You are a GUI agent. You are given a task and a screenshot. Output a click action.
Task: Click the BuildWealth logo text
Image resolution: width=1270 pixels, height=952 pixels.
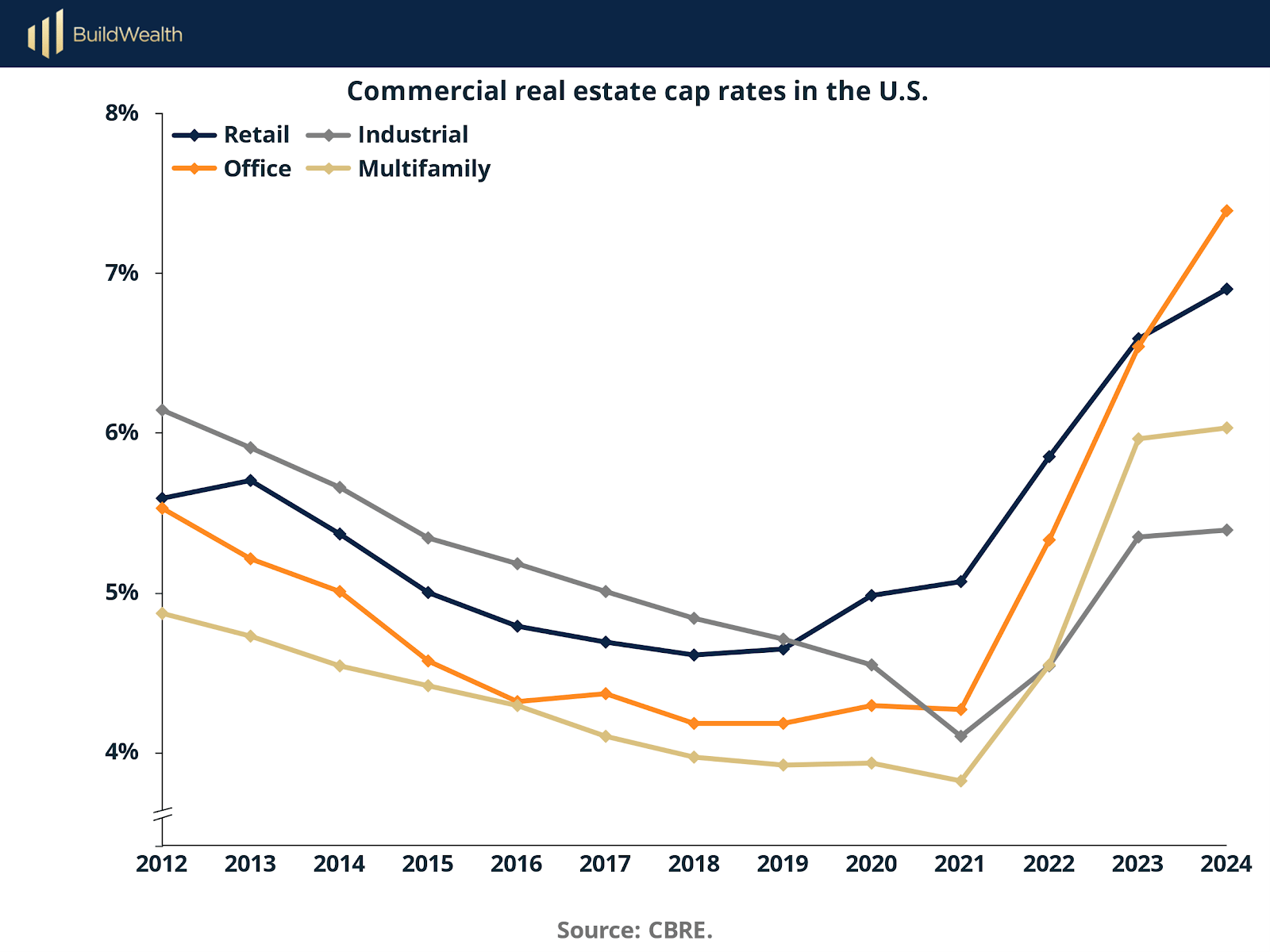pyautogui.click(x=127, y=34)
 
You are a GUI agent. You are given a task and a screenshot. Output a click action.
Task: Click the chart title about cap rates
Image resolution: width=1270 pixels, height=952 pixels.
pyautogui.click(x=637, y=91)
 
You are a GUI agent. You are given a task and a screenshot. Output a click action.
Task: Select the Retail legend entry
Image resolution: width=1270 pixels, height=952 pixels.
pyautogui.click(x=256, y=135)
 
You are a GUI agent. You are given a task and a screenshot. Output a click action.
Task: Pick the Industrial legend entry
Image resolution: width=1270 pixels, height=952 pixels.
pyautogui.click(x=413, y=135)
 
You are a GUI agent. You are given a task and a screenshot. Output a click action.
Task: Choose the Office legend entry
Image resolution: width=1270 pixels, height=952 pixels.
pyautogui.click(x=257, y=169)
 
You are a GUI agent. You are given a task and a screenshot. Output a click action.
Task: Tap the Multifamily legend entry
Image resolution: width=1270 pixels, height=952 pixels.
pyautogui.click(x=424, y=169)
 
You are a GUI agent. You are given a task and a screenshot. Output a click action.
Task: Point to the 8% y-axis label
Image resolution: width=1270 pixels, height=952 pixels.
pyautogui.click(x=121, y=113)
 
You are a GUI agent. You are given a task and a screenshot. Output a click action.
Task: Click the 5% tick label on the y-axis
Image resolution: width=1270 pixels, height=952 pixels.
pyautogui.click(x=121, y=593)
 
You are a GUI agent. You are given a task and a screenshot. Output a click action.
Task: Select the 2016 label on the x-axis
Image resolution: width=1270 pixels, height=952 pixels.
pyautogui.click(x=516, y=864)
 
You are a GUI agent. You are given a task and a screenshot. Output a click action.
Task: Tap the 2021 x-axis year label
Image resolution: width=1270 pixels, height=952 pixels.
pyautogui.click(x=960, y=864)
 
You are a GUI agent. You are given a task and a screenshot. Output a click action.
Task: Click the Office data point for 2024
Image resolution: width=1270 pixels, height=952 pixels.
pyautogui.click(x=1226, y=211)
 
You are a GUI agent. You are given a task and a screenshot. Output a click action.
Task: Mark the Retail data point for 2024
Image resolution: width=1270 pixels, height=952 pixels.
pyautogui.click(x=1226, y=289)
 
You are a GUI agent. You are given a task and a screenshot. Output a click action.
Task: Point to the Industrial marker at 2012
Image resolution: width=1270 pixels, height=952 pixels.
pyautogui.click(x=163, y=410)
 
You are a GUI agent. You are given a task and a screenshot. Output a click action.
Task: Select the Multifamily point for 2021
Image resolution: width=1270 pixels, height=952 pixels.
pyautogui.click(x=961, y=781)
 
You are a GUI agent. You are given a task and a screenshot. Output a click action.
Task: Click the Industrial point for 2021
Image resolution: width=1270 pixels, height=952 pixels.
pyautogui.click(x=961, y=736)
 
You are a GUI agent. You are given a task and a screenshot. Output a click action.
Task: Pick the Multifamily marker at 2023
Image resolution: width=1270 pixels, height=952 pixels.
pyautogui.click(x=1138, y=439)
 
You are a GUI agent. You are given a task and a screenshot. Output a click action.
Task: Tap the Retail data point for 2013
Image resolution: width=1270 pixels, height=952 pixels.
pyautogui.click(x=251, y=480)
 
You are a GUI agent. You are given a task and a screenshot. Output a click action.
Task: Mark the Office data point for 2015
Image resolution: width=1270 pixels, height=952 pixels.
pyautogui.click(x=429, y=661)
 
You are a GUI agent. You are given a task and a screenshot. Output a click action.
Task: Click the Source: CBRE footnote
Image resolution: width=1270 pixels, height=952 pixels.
pyautogui.click(x=634, y=930)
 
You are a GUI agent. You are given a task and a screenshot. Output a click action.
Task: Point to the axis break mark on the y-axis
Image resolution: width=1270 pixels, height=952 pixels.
pyautogui.click(x=163, y=814)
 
